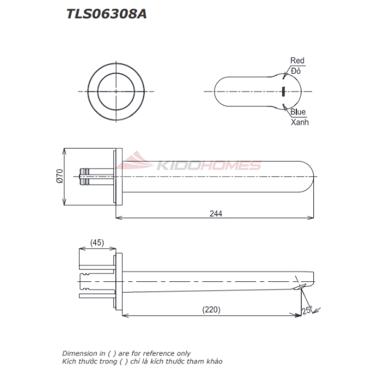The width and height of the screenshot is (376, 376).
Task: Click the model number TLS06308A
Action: [107, 13]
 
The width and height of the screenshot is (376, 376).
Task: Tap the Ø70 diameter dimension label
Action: [59, 177]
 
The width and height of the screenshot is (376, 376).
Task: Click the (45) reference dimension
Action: [97, 242]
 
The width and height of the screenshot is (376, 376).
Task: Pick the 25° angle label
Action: [306, 310]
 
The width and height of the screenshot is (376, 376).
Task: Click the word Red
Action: [297, 61]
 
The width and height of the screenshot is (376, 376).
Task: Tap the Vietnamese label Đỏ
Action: [296, 71]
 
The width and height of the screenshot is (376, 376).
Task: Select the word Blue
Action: [298, 112]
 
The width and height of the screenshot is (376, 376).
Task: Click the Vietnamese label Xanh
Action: [300, 122]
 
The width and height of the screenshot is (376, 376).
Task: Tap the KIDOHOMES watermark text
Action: [206, 166]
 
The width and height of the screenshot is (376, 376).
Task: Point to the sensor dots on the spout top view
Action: [283, 91]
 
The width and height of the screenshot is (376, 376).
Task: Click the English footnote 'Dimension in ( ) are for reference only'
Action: [126, 353]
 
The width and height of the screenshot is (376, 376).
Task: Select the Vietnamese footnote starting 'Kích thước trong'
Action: [142, 362]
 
